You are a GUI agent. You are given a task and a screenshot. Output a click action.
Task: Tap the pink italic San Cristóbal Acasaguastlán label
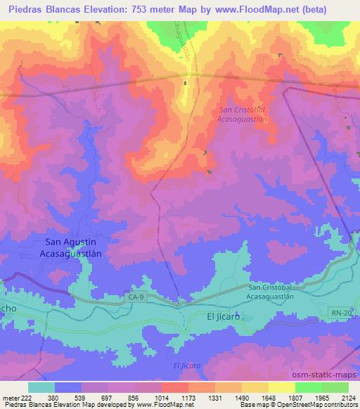coord(244,115)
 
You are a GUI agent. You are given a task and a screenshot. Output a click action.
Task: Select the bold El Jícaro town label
coord(224,317)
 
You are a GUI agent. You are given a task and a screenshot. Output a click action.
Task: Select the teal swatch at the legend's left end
coord(41,387)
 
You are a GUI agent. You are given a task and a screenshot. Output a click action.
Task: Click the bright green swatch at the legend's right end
coord(335,387)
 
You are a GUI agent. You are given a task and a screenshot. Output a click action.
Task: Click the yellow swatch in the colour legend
coord(282,387)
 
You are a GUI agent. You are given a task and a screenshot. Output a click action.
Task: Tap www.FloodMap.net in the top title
coord(279,10)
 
